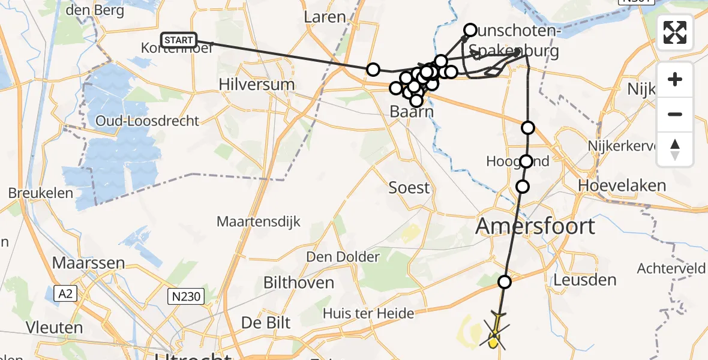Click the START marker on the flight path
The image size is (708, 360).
pos(179,40)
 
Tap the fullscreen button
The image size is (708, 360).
pos(675,32)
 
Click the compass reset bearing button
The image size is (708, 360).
pos(675,149)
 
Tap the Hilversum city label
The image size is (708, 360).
pos(257,84)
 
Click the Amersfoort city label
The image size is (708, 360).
pos(535,226)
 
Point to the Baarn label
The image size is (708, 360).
pos(412,112)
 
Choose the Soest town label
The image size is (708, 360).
pos(409,188)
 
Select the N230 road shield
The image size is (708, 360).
pos(186,296)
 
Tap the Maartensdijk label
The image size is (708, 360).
pos(259,222)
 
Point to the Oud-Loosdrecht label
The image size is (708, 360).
pos(148,121)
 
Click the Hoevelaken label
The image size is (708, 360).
pos(622,185)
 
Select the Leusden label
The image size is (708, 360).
pos(584,280)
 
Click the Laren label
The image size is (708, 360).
pos(325,17)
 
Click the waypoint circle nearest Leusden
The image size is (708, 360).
pos(505,282)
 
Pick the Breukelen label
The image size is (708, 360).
pos(41,193)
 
